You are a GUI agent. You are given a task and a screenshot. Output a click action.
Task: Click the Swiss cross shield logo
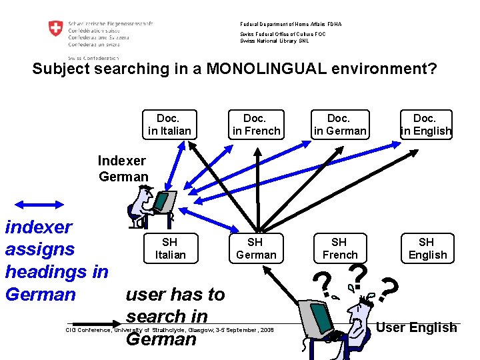pos(56,30)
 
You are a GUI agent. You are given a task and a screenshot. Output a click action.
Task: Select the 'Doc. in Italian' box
pos(169,125)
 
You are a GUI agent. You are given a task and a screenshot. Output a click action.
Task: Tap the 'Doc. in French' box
pos(256,125)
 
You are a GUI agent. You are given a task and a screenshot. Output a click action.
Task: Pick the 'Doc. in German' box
pos(339,125)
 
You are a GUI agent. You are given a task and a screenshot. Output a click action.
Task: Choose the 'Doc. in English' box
pos(425,125)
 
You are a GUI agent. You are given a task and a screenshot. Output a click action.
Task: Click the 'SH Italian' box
pos(169,248)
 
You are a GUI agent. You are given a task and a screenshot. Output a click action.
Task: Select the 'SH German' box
pos(256,248)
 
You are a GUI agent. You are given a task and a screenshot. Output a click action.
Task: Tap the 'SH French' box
pos(339,248)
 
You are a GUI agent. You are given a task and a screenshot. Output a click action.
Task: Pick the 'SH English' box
pos(427,248)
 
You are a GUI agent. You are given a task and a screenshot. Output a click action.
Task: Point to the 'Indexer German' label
pos(123,169)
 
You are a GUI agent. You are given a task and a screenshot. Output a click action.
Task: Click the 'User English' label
pos(417,327)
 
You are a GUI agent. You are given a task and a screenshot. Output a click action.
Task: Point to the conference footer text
pos(170,329)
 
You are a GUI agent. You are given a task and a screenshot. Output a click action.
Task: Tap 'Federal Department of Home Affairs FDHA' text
pos(291,24)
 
